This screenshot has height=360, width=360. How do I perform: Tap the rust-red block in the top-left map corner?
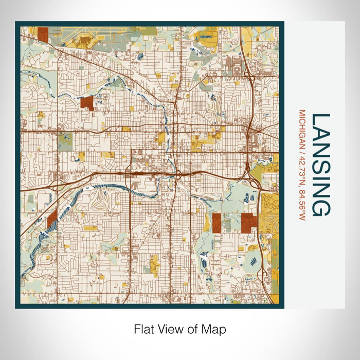coord(43,34)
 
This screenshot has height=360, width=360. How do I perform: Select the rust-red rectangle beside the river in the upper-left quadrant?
coord(87,103)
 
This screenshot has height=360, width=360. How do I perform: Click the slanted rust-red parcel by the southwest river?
coord(52,219)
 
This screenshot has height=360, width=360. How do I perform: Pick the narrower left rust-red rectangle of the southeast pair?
coord(217,222)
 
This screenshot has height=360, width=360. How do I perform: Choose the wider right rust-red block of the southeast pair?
coord(249,222)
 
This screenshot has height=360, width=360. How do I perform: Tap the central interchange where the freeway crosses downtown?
coord(176,175)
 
